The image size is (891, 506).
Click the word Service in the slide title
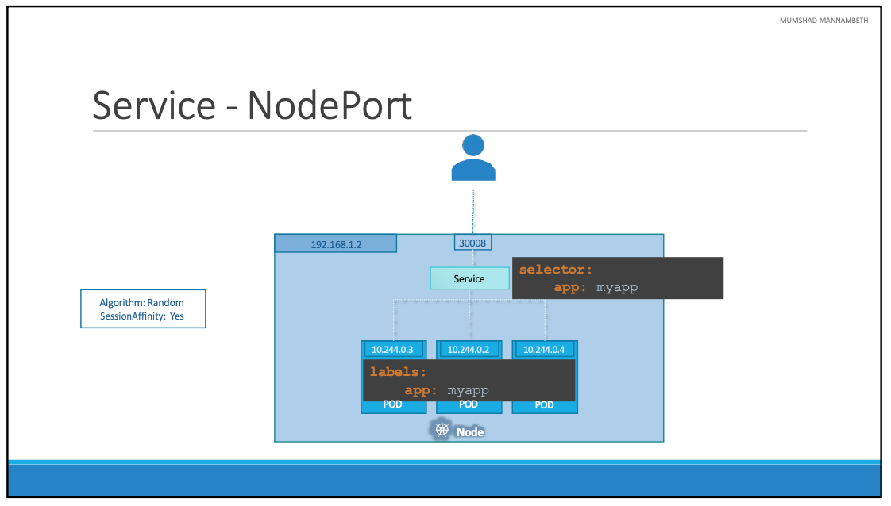click(154, 105)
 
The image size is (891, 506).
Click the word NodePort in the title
click(330, 105)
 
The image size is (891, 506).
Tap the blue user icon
click(473, 158)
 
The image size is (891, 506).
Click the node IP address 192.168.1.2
click(336, 244)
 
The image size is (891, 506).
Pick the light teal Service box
click(469, 278)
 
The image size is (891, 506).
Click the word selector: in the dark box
click(556, 270)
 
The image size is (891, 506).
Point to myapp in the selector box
click(617, 287)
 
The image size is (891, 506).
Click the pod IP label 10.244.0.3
click(393, 349)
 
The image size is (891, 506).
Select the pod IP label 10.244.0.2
click(469, 349)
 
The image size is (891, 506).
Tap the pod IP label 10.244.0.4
click(544, 349)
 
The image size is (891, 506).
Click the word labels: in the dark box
click(398, 371)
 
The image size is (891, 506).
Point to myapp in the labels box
click(468, 390)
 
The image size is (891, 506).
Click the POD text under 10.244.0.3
click(392, 404)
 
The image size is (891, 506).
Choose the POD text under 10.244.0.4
click(544, 404)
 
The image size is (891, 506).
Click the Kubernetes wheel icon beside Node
click(442, 430)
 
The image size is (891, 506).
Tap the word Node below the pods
click(470, 432)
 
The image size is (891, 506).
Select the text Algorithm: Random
click(141, 302)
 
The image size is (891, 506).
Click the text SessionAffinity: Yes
click(141, 316)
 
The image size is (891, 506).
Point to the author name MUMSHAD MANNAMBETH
click(823, 20)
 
